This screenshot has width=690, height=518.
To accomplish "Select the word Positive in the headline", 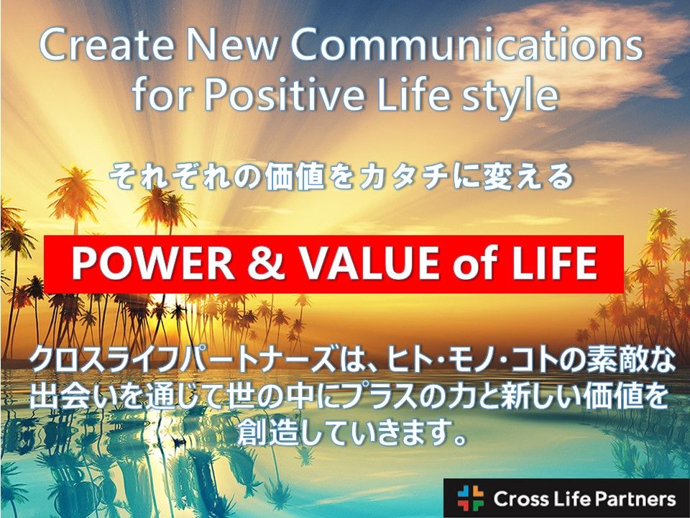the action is pyautogui.click(x=286, y=95).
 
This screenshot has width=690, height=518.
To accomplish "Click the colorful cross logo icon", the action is pyautogui.click(x=470, y=498).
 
